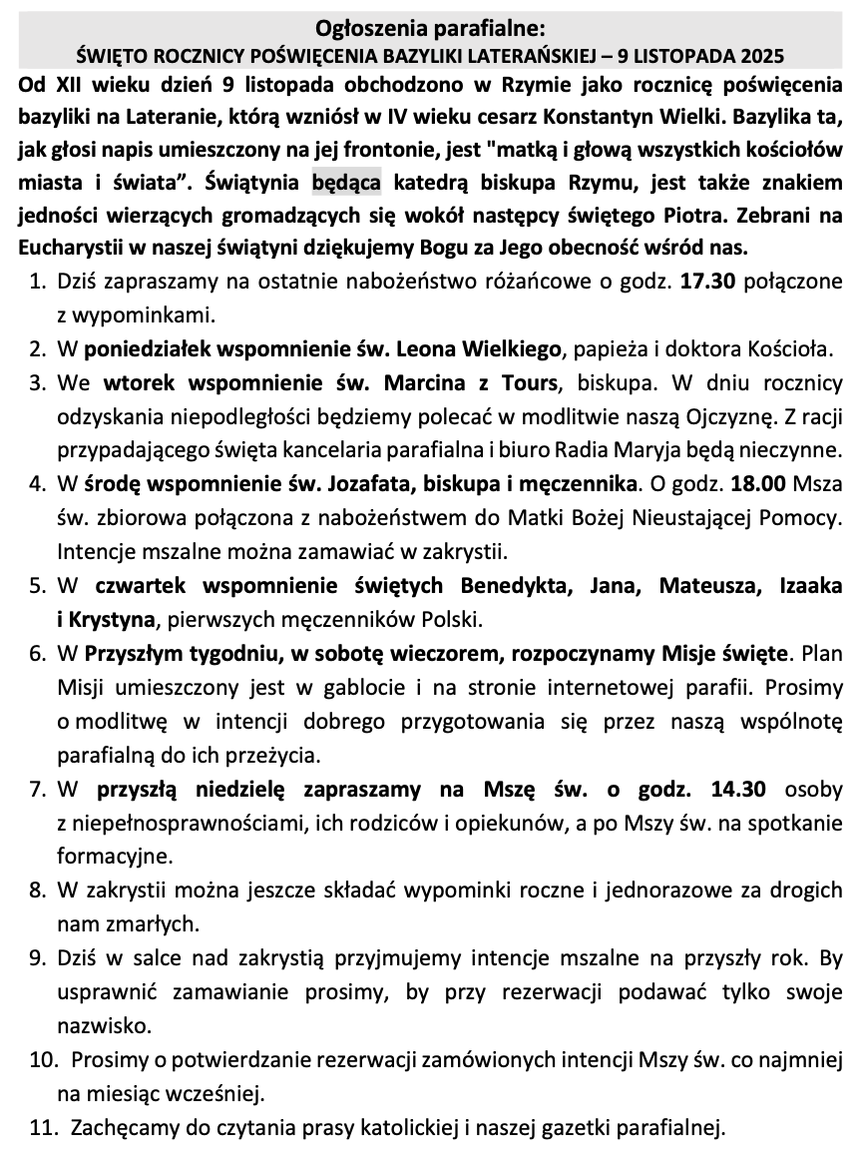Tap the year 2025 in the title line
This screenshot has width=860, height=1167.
761,53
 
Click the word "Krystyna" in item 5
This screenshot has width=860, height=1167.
111,619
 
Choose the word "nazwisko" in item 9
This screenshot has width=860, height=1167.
95,1025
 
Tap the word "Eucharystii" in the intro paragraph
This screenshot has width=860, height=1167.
65,246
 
